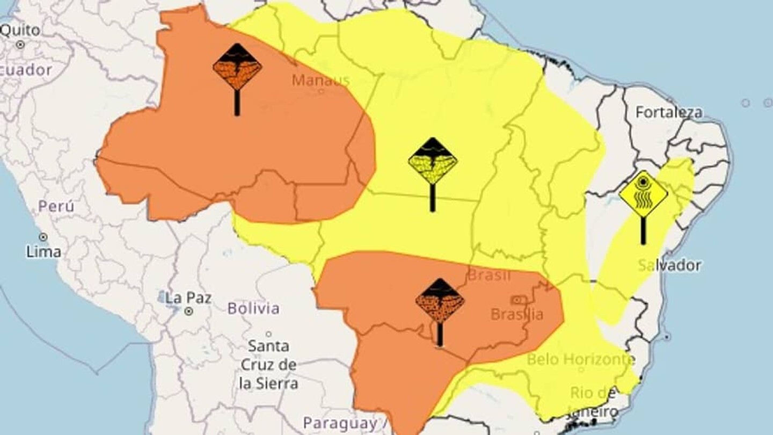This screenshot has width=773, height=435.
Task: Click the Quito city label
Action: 20,30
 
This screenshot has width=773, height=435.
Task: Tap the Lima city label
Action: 43,251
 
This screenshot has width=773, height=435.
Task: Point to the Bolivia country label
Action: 253,308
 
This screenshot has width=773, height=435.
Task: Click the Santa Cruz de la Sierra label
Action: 268,365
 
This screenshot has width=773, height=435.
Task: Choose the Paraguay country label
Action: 340,423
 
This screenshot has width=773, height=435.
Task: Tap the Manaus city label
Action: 320,81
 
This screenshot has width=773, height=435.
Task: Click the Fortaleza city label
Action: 669,112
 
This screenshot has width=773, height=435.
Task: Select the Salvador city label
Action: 670,265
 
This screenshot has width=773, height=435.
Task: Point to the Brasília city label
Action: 517,314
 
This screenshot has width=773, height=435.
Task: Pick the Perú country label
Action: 56,206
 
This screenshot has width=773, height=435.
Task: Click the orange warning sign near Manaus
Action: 237,68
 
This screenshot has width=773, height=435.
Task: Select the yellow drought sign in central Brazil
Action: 432,161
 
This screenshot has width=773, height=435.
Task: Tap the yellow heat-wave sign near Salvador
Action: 643,194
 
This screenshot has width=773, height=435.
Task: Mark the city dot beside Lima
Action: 43,237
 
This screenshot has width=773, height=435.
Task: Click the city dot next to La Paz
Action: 188,311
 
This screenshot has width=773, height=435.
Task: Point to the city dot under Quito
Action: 20,45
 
